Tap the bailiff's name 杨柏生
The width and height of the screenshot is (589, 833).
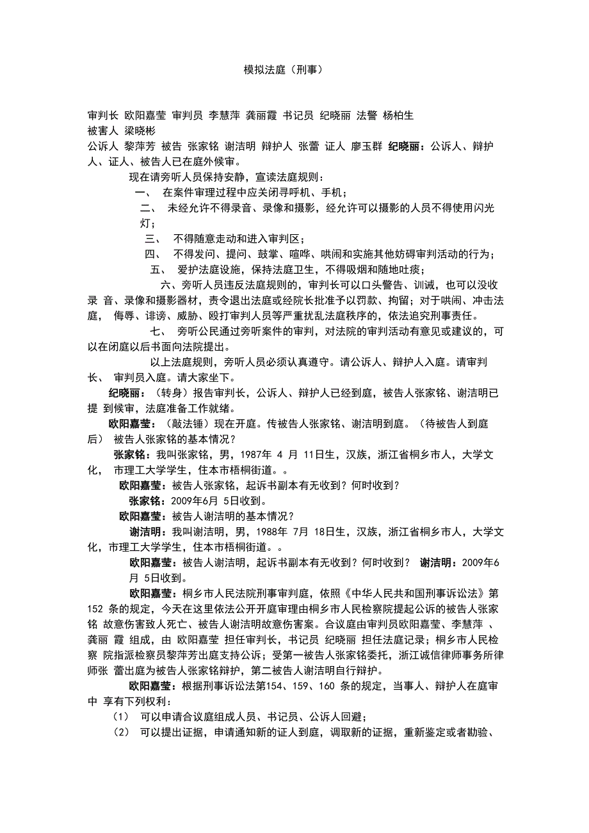click(x=398, y=116)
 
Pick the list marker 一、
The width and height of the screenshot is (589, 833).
click(x=143, y=193)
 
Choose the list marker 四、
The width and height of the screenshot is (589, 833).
click(x=154, y=254)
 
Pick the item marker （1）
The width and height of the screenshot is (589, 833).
click(x=121, y=717)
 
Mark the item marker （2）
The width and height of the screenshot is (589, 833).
click(x=121, y=733)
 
